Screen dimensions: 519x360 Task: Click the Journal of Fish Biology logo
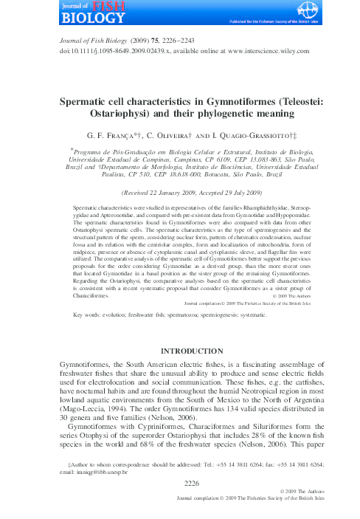click(82, 13)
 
